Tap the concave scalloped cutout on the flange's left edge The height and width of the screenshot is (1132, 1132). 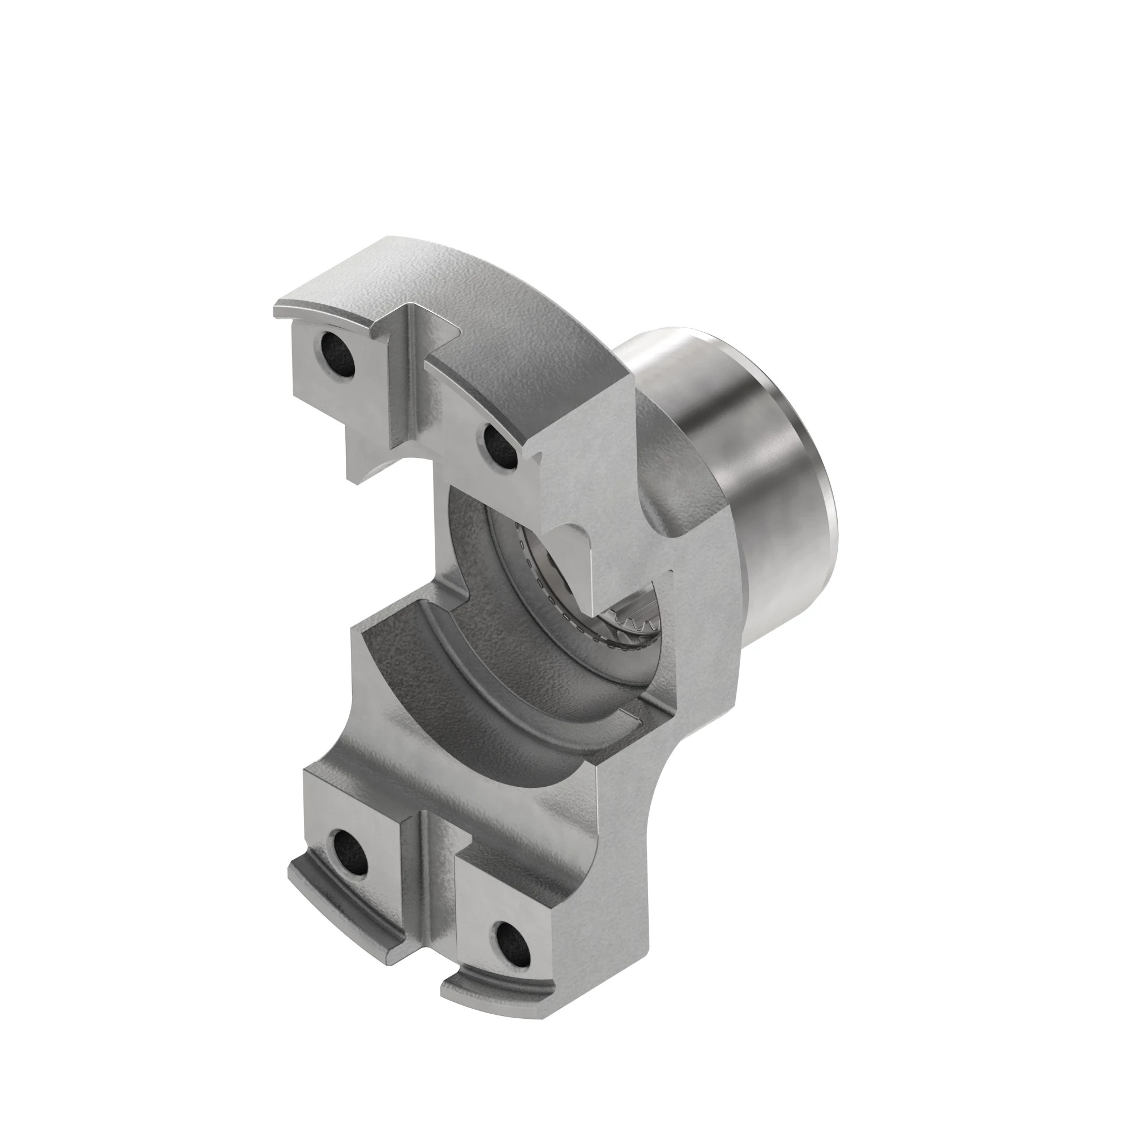[x=346, y=732]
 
